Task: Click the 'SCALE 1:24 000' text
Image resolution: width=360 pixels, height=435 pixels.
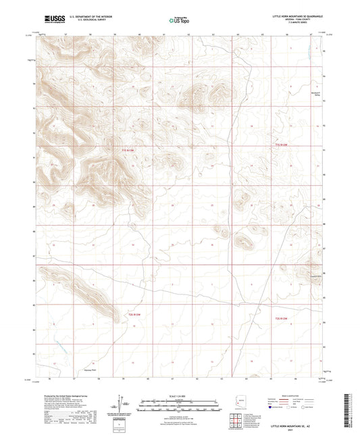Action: [x=180, y=396]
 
